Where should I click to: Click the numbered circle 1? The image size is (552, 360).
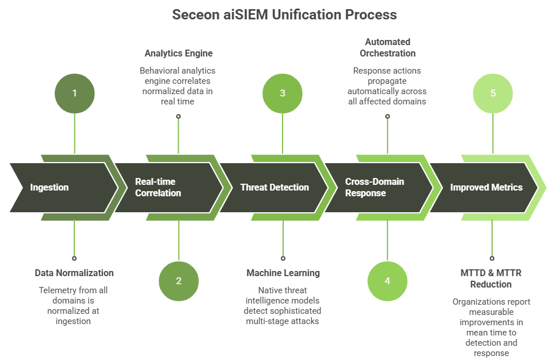pos(74,93)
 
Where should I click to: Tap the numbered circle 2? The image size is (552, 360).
pos(179,281)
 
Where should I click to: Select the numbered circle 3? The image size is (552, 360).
pos(283,93)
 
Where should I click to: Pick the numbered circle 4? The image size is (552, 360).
pos(388,281)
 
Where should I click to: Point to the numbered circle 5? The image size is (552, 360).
pos(493,93)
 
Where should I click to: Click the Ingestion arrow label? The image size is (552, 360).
pos(49,187)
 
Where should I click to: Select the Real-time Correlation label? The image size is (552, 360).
pos(158,187)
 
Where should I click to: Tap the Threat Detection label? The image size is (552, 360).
pos(274,187)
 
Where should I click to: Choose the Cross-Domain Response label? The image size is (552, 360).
pos(374,187)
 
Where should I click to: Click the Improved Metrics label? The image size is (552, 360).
pos(486,187)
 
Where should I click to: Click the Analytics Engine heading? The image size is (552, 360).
pos(178,54)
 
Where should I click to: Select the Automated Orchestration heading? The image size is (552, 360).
pos(388,47)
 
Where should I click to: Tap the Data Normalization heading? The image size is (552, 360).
pos(74,273)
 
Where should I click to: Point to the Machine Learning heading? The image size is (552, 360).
pos(283,273)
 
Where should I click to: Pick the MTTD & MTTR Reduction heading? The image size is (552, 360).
pos(492,278)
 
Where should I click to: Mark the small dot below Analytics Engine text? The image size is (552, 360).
pos(179,116)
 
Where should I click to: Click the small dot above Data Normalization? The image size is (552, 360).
pos(74,258)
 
